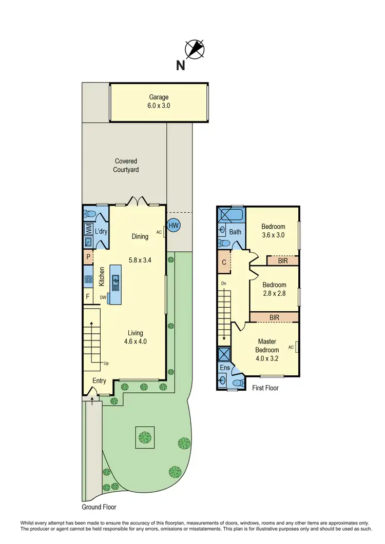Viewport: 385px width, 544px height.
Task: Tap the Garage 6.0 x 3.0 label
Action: point(159,102)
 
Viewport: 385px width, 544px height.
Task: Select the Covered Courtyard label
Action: point(126,165)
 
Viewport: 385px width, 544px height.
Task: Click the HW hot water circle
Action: point(174,225)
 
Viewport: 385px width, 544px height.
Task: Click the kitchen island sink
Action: point(116,280)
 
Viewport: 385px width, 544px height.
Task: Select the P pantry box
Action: point(88,256)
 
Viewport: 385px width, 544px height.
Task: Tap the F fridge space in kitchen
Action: point(88,296)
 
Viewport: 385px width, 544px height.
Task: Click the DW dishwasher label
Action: point(103,296)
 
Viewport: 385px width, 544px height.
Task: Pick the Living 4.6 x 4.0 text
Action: point(136,337)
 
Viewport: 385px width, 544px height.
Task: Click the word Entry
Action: point(100,380)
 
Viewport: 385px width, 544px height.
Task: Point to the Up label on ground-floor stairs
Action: point(106,363)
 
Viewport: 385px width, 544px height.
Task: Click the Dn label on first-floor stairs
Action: point(223,283)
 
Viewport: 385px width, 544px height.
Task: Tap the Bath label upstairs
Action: point(235,232)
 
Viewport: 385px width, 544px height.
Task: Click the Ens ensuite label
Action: point(225,368)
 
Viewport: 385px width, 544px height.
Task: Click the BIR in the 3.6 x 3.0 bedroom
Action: point(282,261)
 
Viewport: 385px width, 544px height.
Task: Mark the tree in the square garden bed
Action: point(145,437)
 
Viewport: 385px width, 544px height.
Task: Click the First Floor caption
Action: point(265,388)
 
